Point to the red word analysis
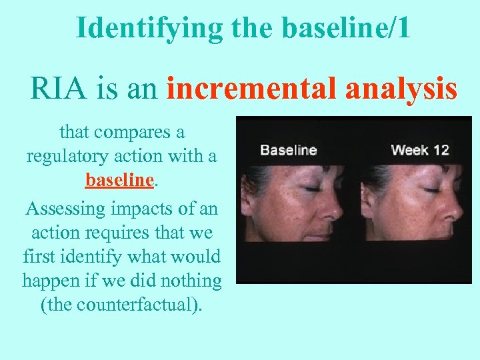point(401,89)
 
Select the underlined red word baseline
point(120,180)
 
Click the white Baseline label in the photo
point(288,149)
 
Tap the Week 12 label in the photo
point(420,149)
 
